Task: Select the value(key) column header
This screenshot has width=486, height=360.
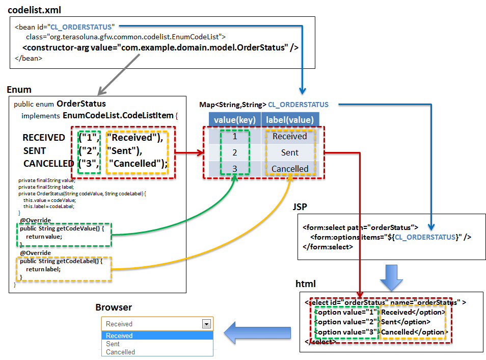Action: point(234,120)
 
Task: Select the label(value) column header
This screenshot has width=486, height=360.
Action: point(290,120)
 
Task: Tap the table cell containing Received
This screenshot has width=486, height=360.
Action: point(290,136)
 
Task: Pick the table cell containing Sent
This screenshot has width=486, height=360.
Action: point(290,152)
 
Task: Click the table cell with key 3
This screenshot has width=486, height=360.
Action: point(234,169)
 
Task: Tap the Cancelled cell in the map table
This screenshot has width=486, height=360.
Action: point(290,169)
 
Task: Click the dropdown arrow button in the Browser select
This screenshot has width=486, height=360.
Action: point(206,324)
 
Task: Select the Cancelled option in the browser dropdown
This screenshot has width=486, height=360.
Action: point(121,352)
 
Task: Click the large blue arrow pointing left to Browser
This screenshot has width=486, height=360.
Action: point(258,332)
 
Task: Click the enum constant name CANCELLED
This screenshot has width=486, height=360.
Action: point(48,164)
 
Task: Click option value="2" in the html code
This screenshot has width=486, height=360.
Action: point(346,322)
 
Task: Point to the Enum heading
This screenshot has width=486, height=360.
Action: point(19,90)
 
